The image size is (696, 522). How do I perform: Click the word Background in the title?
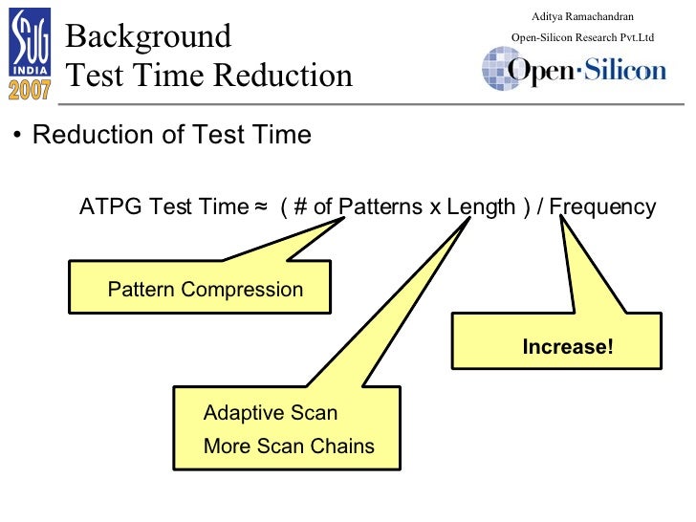[148, 36]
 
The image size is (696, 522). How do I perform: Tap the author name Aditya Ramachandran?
[582, 16]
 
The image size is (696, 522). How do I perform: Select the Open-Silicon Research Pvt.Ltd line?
[582, 37]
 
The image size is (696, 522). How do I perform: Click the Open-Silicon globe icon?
[500, 69]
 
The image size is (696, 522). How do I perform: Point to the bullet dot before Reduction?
[18, 136]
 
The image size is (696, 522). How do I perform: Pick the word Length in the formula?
[481, 207]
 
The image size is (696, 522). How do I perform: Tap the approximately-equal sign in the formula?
[261, 207]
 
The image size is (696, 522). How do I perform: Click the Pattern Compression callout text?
[205, 290]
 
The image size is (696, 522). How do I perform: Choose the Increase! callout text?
[568, 347]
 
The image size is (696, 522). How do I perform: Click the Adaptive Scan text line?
[271, 413]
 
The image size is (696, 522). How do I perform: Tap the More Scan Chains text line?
[289, 446]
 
